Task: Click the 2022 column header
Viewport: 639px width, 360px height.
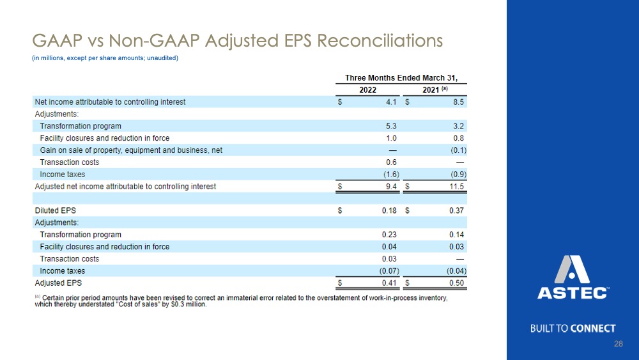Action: (367, 90)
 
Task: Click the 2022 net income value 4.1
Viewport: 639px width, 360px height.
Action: (391, 102)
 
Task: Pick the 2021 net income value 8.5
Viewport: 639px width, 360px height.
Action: (458, 102)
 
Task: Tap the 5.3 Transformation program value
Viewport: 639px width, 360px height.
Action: (391, 126)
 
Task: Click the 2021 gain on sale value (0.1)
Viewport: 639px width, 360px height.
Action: (458, 150)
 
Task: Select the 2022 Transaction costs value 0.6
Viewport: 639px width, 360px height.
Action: (391, 162)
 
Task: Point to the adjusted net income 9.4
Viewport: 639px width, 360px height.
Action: (391, 186)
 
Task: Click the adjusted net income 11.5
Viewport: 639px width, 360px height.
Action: (456, 186)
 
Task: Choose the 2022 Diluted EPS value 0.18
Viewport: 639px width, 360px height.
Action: (389, 210)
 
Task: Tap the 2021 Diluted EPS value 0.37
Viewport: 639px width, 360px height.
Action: (456, 210)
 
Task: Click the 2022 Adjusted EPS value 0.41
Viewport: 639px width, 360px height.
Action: (389, 283)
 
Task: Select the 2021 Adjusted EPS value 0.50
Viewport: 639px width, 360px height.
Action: (456, 283)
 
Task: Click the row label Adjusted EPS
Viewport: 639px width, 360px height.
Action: (58, 283)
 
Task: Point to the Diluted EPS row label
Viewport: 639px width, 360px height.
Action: (56, 210)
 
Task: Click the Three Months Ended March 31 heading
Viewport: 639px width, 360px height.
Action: (401, 78)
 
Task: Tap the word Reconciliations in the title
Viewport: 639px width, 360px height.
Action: (380, 41)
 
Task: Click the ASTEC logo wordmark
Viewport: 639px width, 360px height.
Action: (573, 293)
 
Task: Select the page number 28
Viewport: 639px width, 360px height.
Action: (618, 343)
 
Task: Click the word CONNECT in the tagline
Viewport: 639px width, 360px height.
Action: (593, 329)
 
